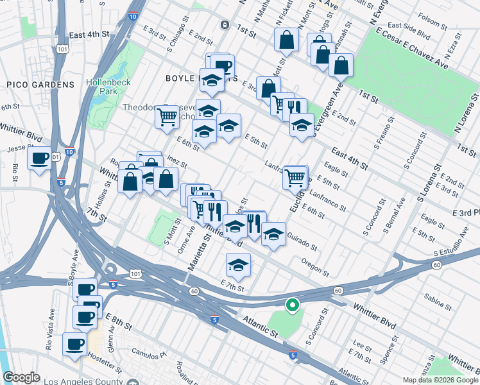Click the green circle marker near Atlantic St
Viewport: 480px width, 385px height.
pyautogui.click(x=292, y=306)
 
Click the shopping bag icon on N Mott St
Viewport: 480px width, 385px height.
pyautogui.click(x=286, y=40)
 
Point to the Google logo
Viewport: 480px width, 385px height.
pyautogui.click(x=21, y=377)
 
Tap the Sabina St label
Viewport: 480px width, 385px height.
pyautogui.click(x=437, y=297)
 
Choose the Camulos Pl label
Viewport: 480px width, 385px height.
pyautogui.click(x=149, y=352)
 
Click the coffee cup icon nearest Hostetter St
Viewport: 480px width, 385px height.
pyautogui.click(x=74, y=344)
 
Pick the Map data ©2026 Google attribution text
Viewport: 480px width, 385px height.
pyautogui.click(x=440, y=380)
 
